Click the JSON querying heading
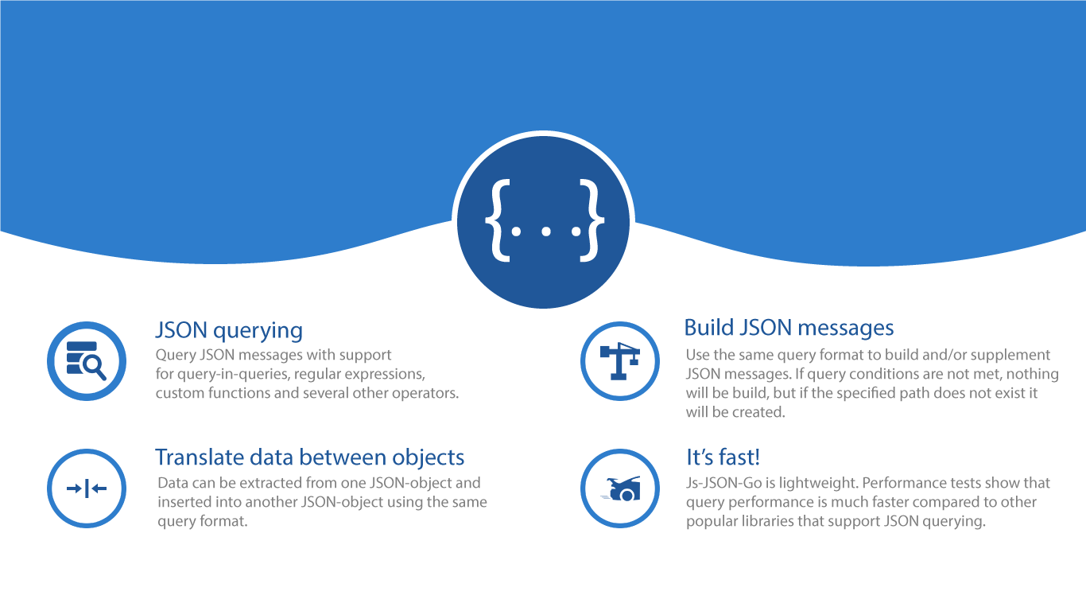pyautogui.click(x=229, y=330)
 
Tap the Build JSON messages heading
pyautogui.click(x=789, y=328)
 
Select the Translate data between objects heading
pyautogui.click(x=309, y=457)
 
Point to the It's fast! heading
pyautogui.click(x=723, y=457)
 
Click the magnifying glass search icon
pyautogui.click(x=87, y=361)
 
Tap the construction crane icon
pyautogui.click(x=619, y=361)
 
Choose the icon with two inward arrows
pyautogui.click(x=87, y=488)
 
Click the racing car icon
pyautogui.click(x=619, y=488)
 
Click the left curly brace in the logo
pyautogui.click(x=498, y=221)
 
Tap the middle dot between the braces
pyautogui.click(x=544, y=232)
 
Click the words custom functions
pyautogui.click(x=212, y=393)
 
